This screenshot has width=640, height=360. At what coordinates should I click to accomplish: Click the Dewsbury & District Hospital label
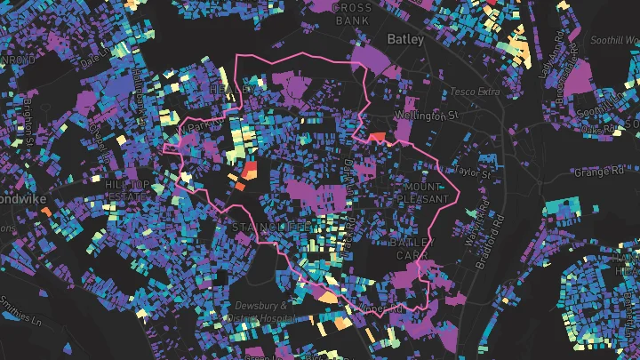[x=259, y=310]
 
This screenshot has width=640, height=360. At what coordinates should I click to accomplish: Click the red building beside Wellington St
[x=376, y=137]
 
